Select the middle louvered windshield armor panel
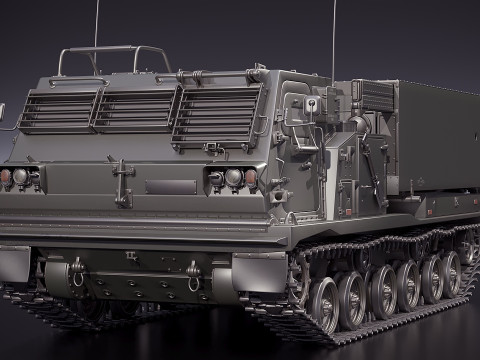coord(135,109)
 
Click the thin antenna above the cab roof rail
coord(97,25)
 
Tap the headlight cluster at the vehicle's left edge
coord(20,178)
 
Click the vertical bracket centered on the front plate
coord(123,181)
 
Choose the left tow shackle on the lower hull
coord(76,271)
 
